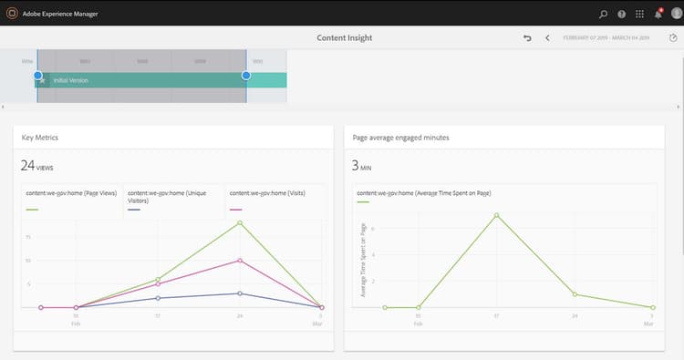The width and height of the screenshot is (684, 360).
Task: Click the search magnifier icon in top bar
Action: (x=603, y=14)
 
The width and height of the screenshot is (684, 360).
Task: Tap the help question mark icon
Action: (x=621, y=14)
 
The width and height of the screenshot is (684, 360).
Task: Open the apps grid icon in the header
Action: (x=639, y=14)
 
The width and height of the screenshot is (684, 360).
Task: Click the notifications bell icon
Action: (x=658, y=14)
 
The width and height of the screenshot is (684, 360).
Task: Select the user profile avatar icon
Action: (x=675, y=14)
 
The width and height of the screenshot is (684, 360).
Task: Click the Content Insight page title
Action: (x=344, y=38)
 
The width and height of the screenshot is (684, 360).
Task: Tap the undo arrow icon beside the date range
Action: (x=527, y=38)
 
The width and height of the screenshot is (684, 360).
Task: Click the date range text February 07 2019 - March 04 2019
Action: (x=606, y=38)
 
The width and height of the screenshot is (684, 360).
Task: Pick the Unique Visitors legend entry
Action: (x=171, y=194)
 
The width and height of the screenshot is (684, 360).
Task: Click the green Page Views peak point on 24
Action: (x=240, y=222)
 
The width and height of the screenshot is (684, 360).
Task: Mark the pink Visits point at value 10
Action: (x=240, y=261)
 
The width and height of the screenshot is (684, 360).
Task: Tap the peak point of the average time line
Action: (x=496, y=215)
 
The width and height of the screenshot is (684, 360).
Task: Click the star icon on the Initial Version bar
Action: (x=43, y=80)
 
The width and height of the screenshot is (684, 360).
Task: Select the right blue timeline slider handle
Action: (x=246, y=76)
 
